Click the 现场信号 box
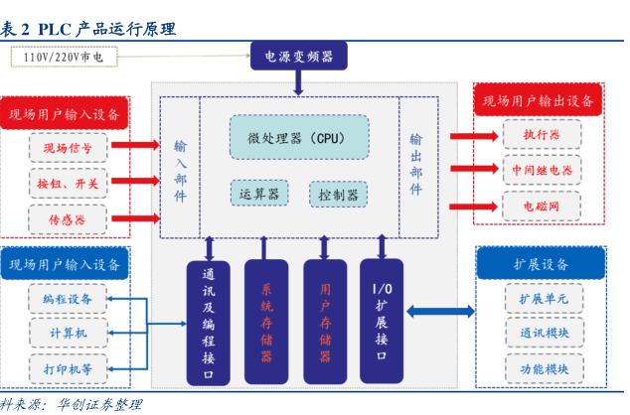[x=68, y=149]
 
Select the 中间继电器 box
[x=542, y=170]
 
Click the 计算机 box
[x=68, y=333]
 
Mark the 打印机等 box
[x=68, y=368]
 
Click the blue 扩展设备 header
[x=542, y=264]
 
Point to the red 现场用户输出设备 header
[x=541, y=101]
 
